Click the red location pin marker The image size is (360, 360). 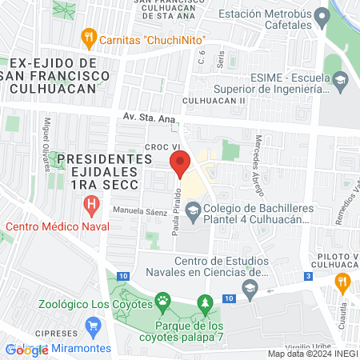[180, 164]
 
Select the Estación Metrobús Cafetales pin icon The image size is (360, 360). [322, 15]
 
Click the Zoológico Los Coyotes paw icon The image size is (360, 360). [163, 302]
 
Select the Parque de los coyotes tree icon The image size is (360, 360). [206, 303]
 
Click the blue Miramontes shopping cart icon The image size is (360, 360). [94, 327]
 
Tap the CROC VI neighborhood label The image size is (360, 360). [162, 146]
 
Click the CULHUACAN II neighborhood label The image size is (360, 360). [213, 101]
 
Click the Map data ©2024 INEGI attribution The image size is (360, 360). [312, 354]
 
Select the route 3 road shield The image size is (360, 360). [308, 277]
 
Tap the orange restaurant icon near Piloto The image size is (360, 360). [344, 281]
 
